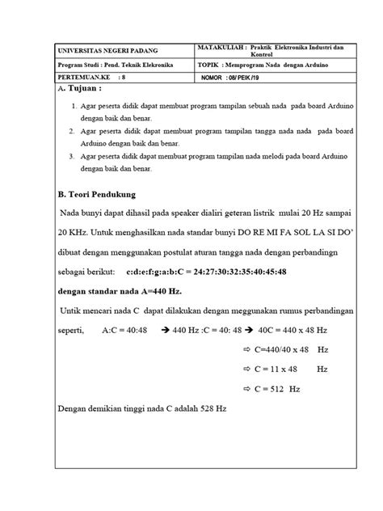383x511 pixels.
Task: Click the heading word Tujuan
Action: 85,88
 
